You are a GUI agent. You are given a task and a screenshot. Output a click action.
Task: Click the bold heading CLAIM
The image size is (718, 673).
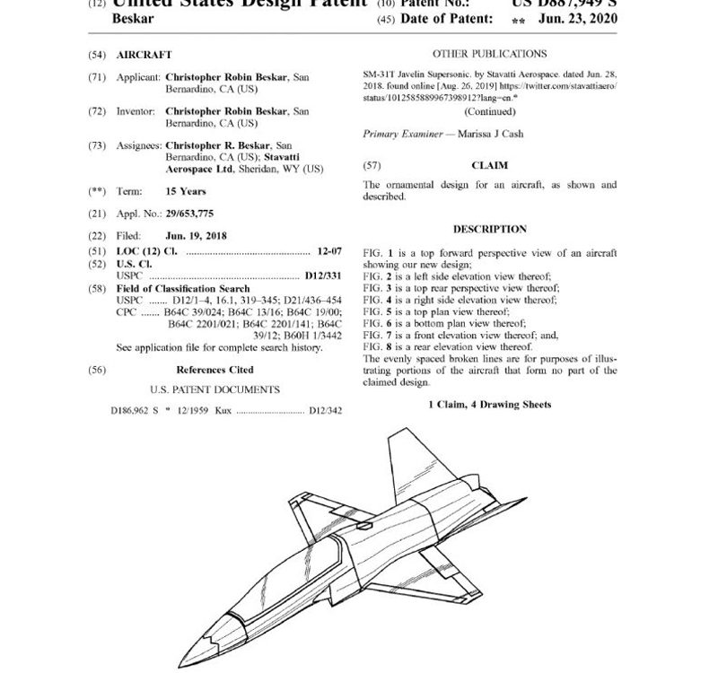click(x=489, y=165)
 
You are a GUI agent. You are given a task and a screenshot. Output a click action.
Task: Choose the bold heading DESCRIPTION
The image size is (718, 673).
click(x=489, y=229)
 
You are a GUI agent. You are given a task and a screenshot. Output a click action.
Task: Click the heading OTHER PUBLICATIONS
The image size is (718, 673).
click(x=489, y=54)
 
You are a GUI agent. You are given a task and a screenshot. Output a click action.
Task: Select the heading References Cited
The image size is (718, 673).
click(x=215, y=370)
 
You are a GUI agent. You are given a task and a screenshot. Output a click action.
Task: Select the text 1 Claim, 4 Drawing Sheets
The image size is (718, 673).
click(x=489, y=405)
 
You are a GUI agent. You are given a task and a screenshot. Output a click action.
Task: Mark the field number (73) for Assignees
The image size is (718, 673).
click(x=97, y=145)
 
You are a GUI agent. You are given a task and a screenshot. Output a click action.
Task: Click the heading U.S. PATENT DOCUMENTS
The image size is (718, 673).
click(x=215, y=390)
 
